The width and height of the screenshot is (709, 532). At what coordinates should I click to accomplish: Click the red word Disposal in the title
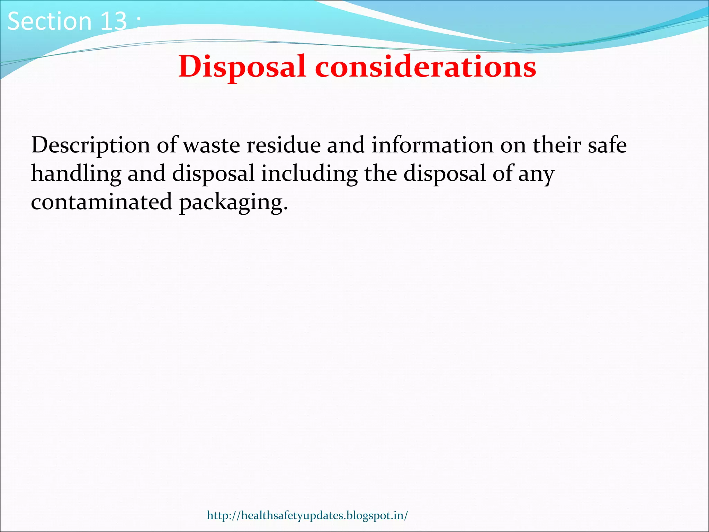point(242,66)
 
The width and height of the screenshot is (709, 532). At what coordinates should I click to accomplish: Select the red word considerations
point(425,66)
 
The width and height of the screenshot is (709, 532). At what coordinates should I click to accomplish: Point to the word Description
point(91,145)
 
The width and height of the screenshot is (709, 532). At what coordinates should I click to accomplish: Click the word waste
point(211,145)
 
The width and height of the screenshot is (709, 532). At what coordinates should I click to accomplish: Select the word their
point(557,145)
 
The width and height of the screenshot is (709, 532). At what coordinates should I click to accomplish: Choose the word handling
point(76,174)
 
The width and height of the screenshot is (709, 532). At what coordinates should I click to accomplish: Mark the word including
point(309,174)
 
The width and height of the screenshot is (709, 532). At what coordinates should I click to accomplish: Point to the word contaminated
point(101,202)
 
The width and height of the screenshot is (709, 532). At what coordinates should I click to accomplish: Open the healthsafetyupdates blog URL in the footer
point(307,515)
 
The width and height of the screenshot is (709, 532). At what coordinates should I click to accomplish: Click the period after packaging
point(285,209)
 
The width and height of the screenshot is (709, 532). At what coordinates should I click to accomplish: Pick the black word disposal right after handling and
point(213,174)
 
